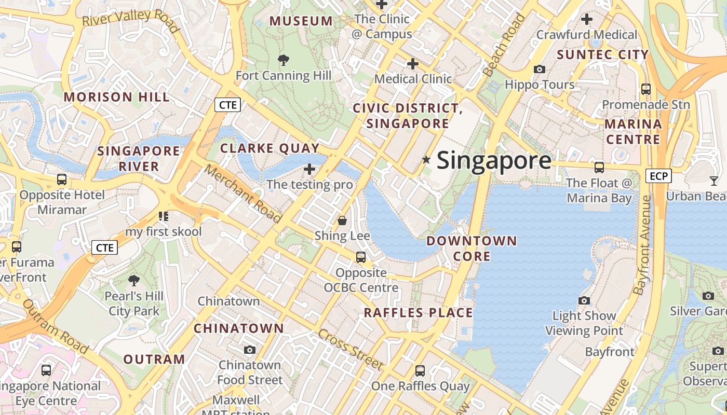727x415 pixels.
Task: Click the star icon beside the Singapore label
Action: tap(426, 160)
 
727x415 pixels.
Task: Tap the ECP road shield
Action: tap(658, 176)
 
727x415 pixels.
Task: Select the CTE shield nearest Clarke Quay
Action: tap(228, 105)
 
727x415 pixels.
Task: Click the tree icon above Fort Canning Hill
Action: tap(283, 60)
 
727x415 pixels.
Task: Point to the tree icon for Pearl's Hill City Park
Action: tap(134, 281)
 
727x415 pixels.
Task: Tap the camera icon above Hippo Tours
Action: tap(540, 69)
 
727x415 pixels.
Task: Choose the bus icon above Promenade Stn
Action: tap(646, 89)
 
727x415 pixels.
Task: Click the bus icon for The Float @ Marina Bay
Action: tap(599, 167)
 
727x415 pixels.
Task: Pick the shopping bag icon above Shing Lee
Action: tap(342, 220)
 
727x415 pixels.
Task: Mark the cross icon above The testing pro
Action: tap(309, 169)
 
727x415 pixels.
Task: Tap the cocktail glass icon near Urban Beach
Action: tap(714, 181)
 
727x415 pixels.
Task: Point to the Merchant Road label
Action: tap(243, 193)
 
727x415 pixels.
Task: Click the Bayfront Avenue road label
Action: tap(643, 245)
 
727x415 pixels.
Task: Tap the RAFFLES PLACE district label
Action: tap(418, 313)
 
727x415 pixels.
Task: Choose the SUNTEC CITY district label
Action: tap(603, 54)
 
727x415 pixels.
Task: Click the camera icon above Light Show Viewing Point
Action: tap(584, 301)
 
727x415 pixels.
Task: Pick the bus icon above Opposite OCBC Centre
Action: tap(360, 257)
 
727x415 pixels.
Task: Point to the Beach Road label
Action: tap(504, 45)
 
